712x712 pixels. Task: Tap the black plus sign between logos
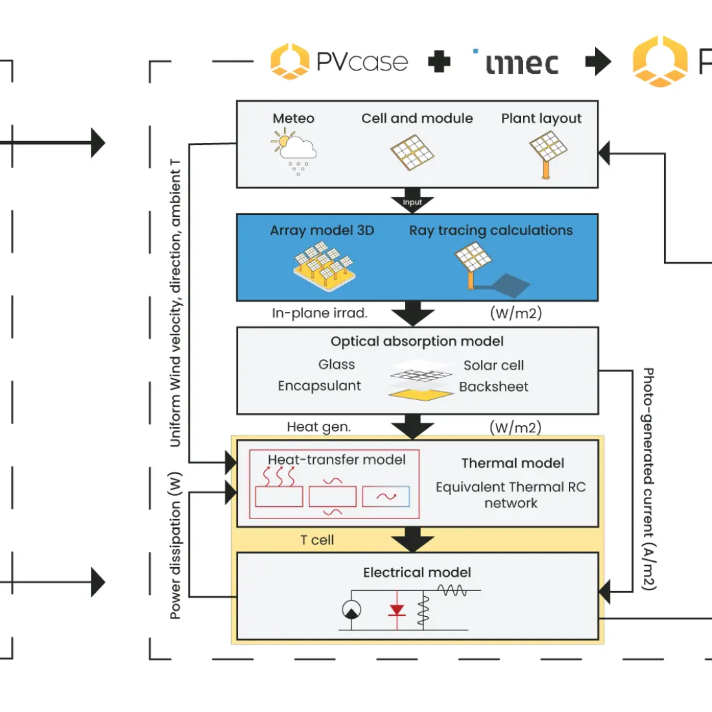click(x=439, y=61)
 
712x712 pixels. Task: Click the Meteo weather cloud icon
click(x=294, y=151)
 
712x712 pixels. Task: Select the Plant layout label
click(x=541, y=118)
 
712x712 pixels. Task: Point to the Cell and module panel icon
click(x=412, y=152)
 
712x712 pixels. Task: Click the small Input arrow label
click(x=412, y=202)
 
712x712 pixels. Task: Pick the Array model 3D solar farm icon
click(x=324, y=266)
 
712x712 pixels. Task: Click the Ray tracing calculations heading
click(x=491, y=230)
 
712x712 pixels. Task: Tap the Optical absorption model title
click(x=417, y=342)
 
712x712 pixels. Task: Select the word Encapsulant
click(x=319, y=386)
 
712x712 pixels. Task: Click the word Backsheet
click(x=494, y=387)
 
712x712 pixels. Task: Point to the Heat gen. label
click(x=318, y=427)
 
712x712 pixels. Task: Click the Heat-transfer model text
click(x=337, y=460)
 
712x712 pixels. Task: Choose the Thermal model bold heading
click(x=513, y=463)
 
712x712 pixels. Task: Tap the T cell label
click(x=317, y=540)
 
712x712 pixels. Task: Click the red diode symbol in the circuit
click(x=397, y=610)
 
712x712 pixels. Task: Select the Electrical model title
click(x=417, y=573)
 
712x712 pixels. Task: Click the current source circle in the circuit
click(x=351, y=610)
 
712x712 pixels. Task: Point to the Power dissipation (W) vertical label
click(x=175, y=546)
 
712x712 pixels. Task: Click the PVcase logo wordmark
click(x=362, y=61)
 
